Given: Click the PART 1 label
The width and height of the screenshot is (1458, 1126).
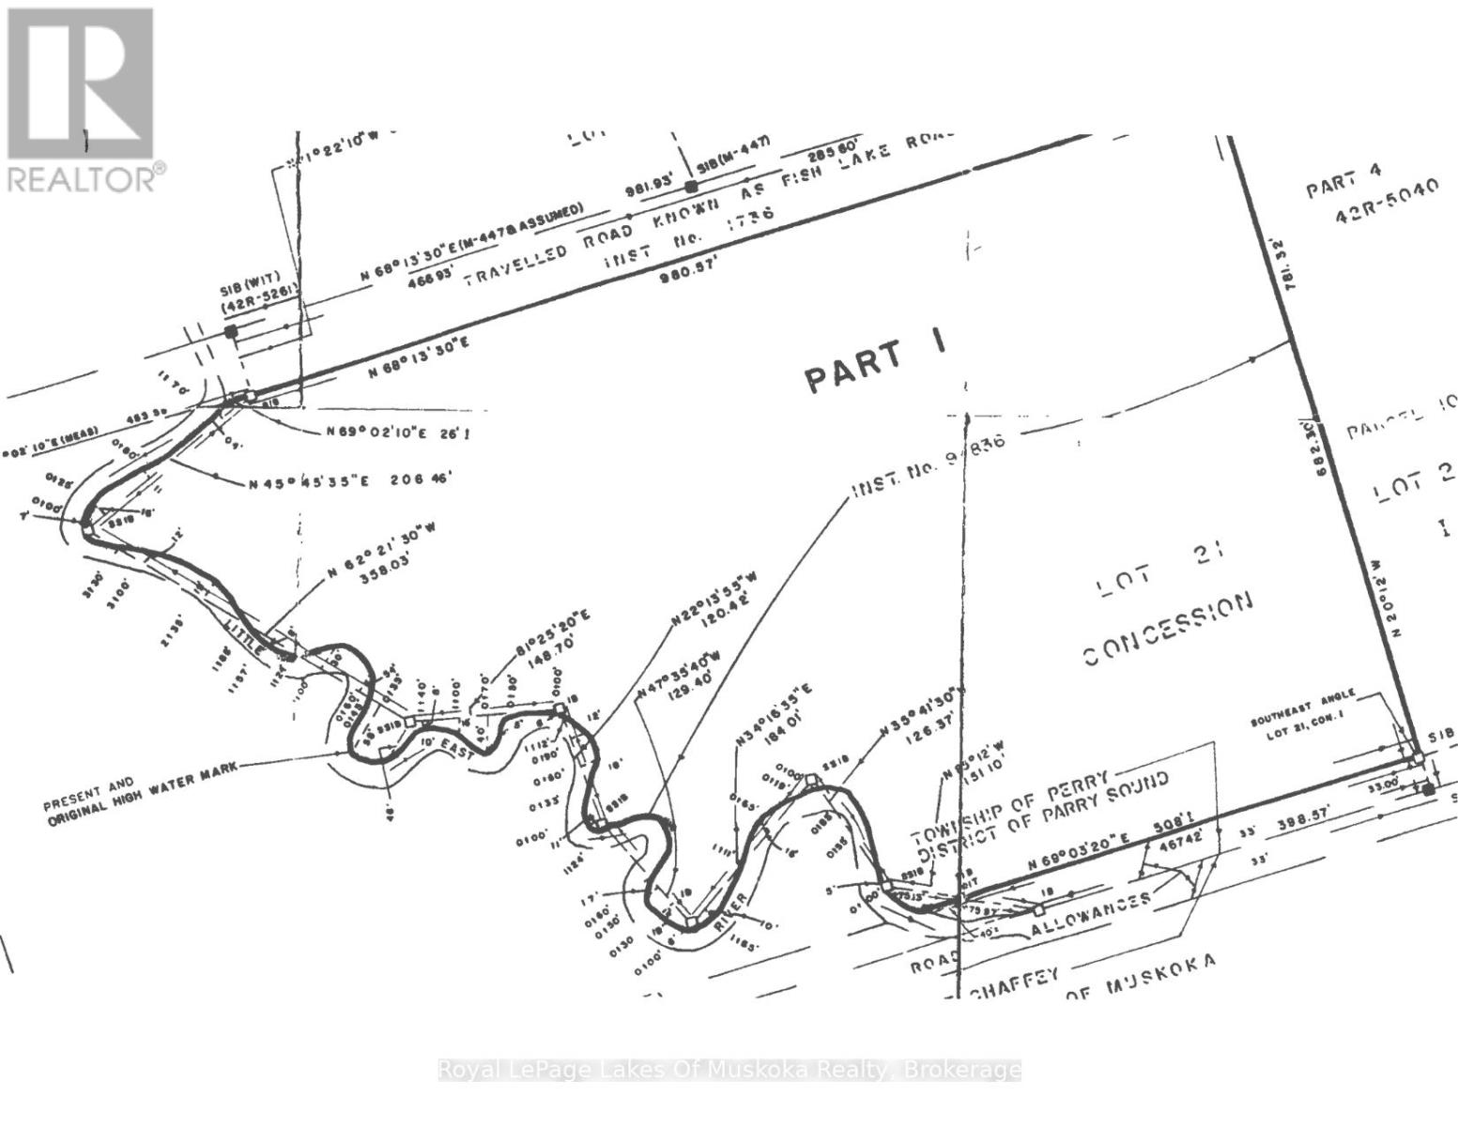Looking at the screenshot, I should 875,364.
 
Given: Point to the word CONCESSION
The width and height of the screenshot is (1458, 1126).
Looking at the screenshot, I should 1168,629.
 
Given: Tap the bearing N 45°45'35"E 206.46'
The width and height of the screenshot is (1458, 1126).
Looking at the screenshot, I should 351,482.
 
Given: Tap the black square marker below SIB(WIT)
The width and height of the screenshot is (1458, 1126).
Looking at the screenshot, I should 231,331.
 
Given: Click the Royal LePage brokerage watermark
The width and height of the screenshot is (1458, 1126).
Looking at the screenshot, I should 729,1070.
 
